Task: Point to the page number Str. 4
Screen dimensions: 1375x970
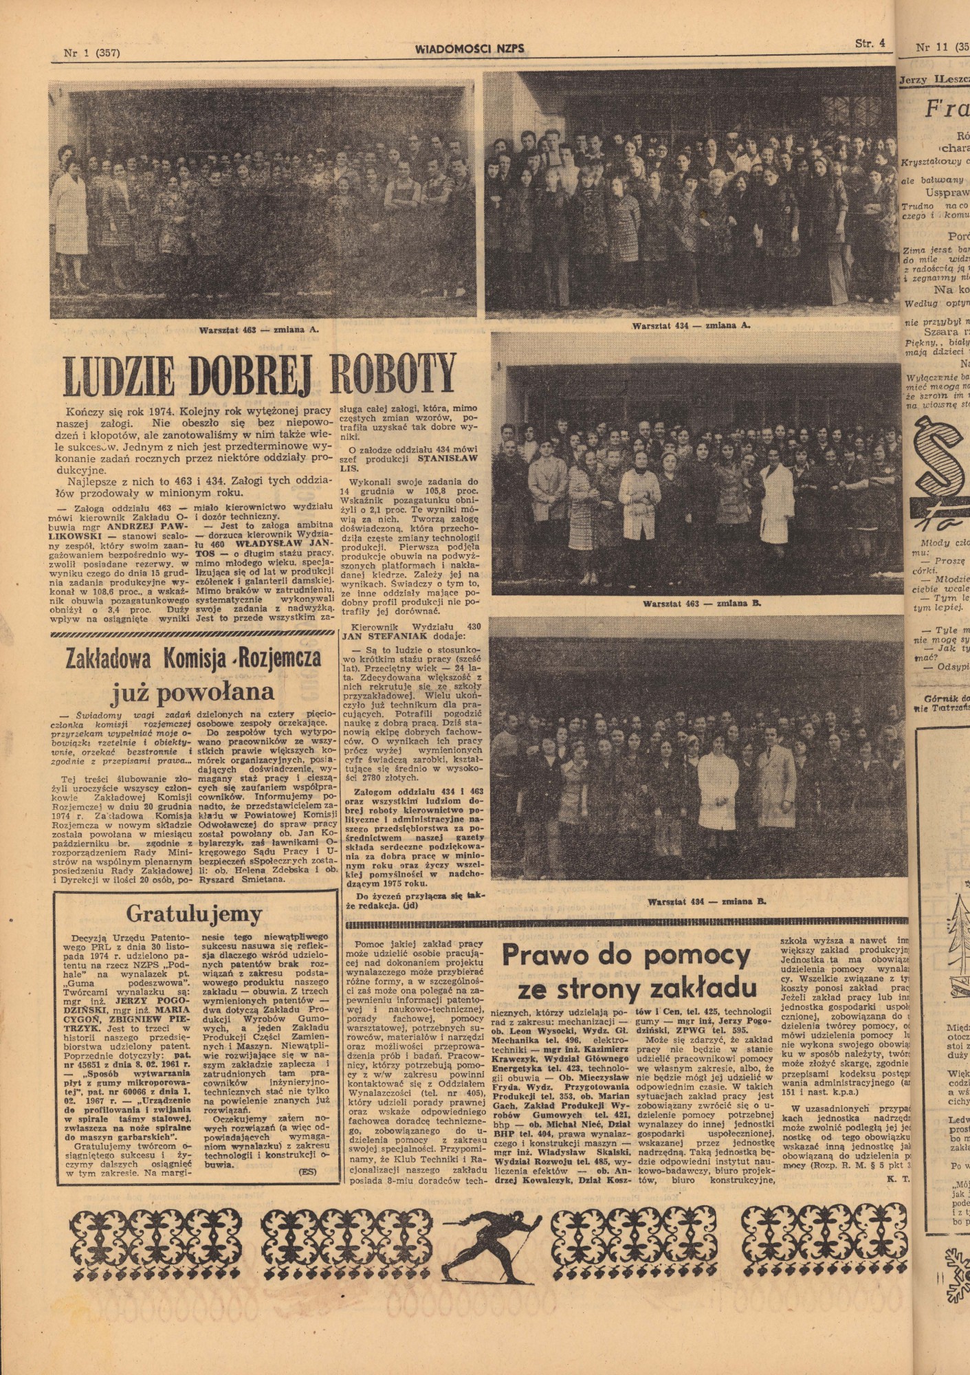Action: click(x=870, y=43)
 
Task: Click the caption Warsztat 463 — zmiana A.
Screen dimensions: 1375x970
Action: click(x=259, y=329)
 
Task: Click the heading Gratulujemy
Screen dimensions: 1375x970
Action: click(x=195, y=914)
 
